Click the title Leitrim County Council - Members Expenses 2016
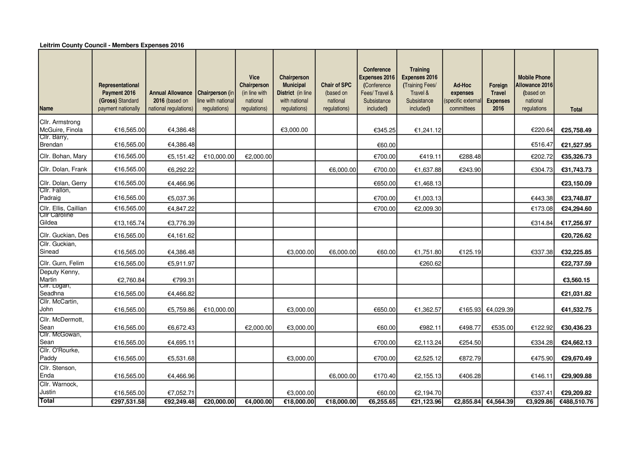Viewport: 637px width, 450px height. (112, 45)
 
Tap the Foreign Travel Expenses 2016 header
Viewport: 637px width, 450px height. (498, 97)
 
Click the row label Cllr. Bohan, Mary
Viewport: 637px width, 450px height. (63, 156)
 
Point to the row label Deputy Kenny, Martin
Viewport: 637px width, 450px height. (60, 276)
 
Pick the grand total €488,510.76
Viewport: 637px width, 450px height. (576, 402)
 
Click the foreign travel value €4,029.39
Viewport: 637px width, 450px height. (500, 310)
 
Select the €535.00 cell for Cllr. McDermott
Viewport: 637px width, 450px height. (502, 328)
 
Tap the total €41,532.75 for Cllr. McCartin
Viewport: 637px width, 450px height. (576, 310)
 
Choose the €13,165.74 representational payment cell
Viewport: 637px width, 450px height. (129, 223)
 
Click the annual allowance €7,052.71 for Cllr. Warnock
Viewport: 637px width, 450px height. (181, 393)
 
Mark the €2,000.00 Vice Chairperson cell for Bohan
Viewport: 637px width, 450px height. (258, 157)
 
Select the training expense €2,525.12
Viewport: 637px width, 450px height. (428, 358)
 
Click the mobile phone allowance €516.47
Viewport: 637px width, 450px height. (542, 145)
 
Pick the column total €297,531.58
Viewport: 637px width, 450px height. (128, 402)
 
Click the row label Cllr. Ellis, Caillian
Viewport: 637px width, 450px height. (63, 208)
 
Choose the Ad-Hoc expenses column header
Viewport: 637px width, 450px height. (462, 97)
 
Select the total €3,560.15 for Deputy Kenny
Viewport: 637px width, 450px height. (576, 280)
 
